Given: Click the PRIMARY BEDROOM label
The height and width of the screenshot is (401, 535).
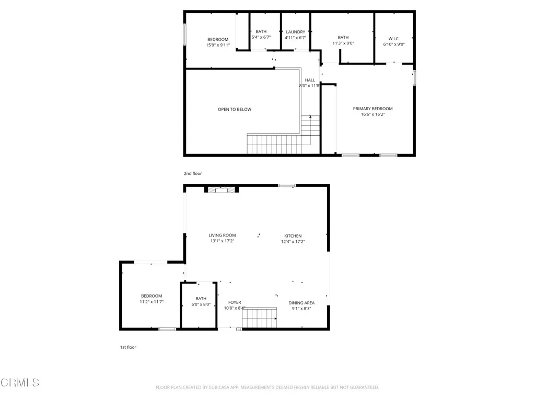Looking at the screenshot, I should [373, 109].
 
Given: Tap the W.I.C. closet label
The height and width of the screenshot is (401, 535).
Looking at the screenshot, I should [394, 38].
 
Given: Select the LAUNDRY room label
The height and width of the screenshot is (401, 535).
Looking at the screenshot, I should [295, 32].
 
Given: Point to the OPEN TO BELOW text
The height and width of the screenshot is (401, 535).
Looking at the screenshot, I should [235, 109].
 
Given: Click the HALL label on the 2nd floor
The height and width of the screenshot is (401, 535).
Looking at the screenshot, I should [310, 80].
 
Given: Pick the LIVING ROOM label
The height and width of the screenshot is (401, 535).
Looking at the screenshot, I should [222, 235].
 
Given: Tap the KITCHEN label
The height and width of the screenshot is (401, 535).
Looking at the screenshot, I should [293, 235].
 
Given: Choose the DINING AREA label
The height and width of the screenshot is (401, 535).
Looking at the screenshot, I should [301, 302].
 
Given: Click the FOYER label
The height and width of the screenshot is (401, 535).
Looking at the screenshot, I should [235, 302].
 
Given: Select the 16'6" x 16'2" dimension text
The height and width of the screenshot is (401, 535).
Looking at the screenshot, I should [373, 115].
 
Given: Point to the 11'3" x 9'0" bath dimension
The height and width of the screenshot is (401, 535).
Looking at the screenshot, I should [343, 44].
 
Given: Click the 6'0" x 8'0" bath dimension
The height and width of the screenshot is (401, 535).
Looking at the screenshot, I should [201, 304].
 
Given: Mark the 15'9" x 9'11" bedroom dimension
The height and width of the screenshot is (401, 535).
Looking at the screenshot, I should [218, 45].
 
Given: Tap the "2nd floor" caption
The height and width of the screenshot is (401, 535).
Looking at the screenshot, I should [192, 173].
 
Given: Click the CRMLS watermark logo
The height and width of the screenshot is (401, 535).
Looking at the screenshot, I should [20, 383].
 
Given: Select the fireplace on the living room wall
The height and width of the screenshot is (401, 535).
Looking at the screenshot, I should [222, 190].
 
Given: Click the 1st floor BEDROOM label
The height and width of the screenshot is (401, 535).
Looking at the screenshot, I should [152, 296].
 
